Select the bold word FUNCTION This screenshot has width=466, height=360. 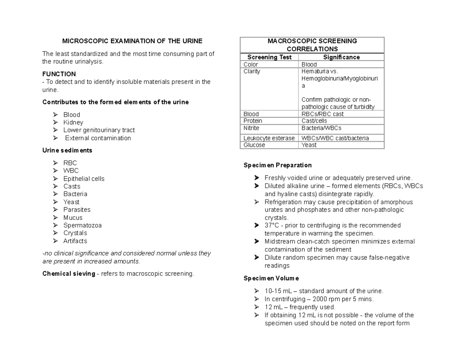59,74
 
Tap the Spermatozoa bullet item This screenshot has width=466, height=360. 82,225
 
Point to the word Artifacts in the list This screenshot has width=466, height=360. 75,241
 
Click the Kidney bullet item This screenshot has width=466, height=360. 73,122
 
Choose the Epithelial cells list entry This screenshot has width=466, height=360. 84,179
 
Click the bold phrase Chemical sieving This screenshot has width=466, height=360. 68,274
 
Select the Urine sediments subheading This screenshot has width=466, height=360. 67,150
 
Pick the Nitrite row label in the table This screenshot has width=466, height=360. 251,128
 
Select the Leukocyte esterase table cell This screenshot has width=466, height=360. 269,138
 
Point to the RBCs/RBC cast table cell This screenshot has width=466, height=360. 322,114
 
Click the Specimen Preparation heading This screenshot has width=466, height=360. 277,165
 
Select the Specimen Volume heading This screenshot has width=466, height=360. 271,278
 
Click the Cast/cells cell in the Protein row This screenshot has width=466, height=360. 314,121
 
